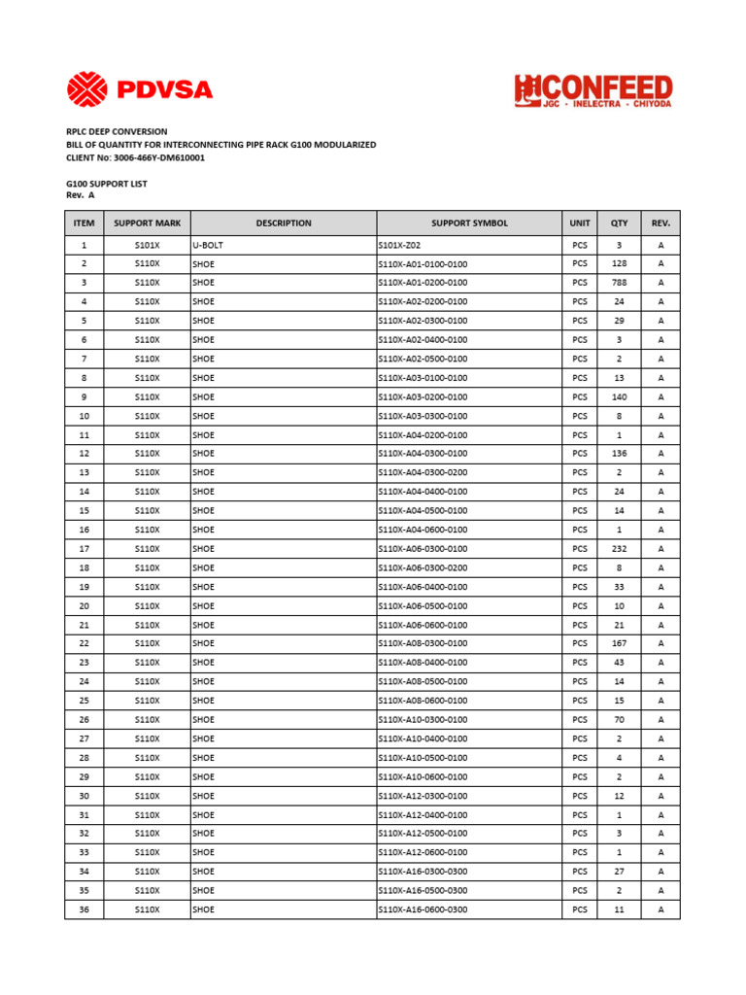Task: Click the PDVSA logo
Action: coord(140,91)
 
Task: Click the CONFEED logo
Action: coord(593,91)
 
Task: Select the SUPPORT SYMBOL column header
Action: coord(469,223)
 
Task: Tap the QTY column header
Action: coord(619,223)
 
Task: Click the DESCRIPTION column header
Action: coord(284,223)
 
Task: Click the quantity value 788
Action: coord(619,283)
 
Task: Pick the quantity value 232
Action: coord(619,549)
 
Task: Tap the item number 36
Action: coord(85,909)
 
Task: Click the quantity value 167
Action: coord(619,643)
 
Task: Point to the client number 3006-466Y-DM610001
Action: coord(135,157)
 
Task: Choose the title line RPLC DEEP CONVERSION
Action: coord(117,131)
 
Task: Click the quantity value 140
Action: coord(619,396)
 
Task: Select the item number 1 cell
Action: coord(85,246)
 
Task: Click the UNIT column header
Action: coord(580,223)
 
